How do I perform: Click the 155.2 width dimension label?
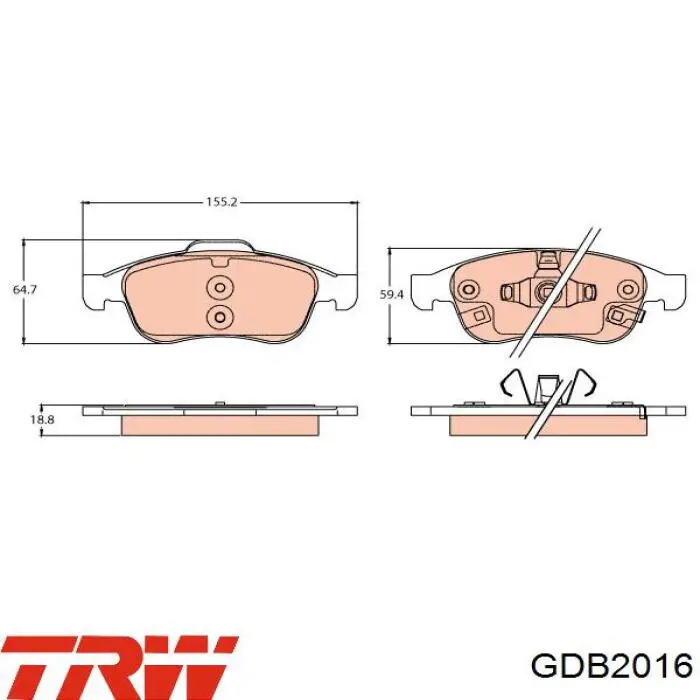221,202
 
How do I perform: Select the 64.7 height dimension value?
25,289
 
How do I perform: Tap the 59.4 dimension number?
391,295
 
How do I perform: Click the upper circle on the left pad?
220,287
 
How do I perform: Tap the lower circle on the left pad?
220,317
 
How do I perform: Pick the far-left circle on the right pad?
469,288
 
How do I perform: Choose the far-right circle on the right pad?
628,289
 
